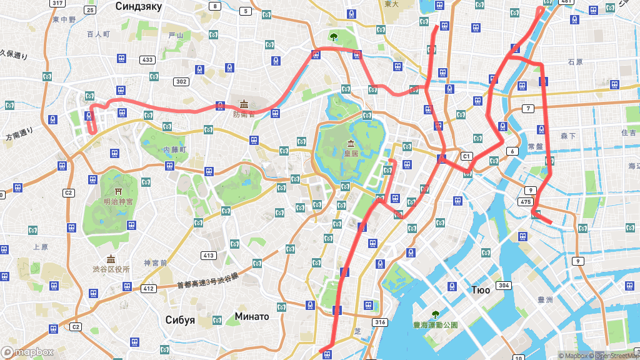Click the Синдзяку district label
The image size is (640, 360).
[x=139, y=6]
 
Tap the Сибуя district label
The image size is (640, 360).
[x=180, y=319]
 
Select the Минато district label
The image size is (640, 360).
[x=252, y=316]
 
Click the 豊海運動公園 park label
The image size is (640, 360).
[x=436, y=325]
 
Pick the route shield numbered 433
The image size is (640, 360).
[x=147, y=60]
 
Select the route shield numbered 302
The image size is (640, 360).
[x=181, y=81]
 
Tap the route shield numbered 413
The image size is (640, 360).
[x=208, y=255]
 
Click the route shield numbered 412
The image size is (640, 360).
[x=148, y=288]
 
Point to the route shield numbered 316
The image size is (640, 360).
[x=379, y=322]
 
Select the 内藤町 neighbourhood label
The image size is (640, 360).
[x=175, y=150]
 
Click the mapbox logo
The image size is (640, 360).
[x=27, y=352]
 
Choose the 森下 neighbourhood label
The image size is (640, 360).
[x=568, y=135]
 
